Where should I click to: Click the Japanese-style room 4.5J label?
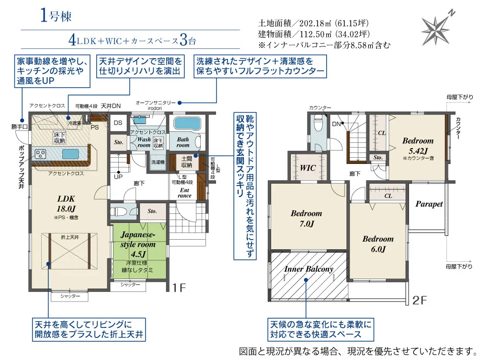tap(138, 244)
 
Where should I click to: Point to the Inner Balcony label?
tap(308, 269)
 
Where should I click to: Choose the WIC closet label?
tap(308, 168)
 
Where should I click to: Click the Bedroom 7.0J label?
tap(306, 219)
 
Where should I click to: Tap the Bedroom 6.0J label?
tap(377, 244)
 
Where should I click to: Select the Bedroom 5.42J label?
tap(418, 145)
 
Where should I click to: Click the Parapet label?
tap(429, 204)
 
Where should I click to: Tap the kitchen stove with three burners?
tap(39, 154)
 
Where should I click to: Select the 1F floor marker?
tap(178, 288)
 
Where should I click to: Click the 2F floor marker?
tap(419, 301)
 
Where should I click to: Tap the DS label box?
tap(118, 123)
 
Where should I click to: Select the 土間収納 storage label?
tap(186, 161)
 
